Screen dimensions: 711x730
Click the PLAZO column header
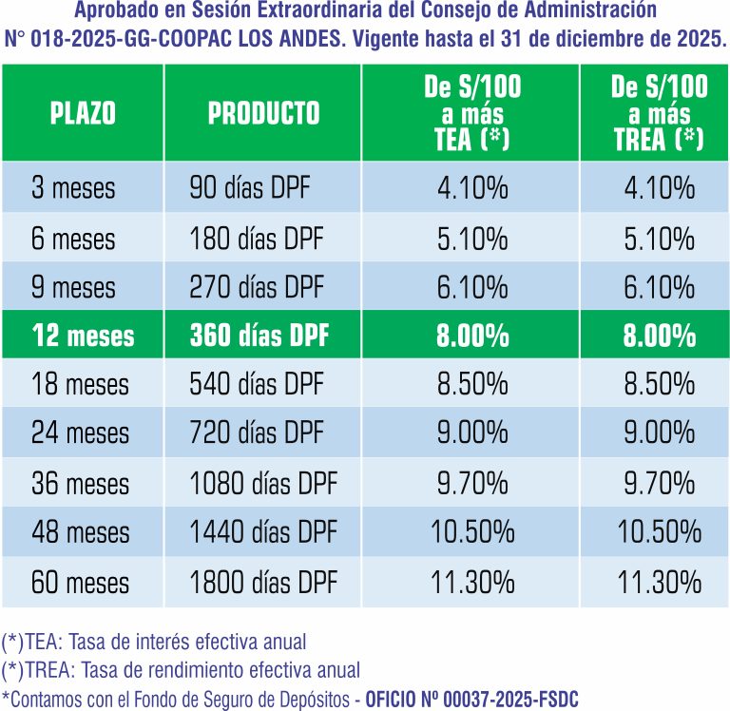(x=83, y=114)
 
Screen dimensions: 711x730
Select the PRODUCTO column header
(x=264, y=114)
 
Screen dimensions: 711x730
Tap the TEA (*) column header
(x=472, y=114)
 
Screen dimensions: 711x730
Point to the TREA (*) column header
(x=659, y=114)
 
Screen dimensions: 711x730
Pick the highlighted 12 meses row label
(x=84, y=336)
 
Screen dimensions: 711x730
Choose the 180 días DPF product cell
(x=257, y=237)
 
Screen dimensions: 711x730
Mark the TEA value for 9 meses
(x=472, y=286)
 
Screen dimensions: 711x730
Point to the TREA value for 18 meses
(x=659, y=385)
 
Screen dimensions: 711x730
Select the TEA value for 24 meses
(x=472, y=433)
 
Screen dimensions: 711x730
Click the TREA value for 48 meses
(x=659, y=532)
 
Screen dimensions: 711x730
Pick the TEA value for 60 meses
(x=472, y=581)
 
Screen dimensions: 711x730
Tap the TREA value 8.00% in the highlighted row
(x=659, y=336)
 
